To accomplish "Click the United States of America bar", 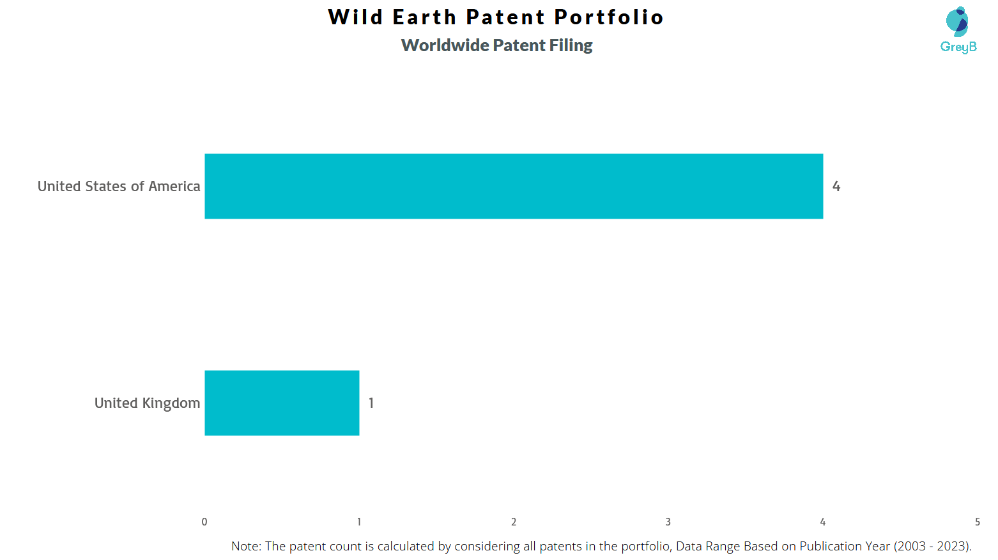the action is [x=514, y=187].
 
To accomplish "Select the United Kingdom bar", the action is [x=282, y=403].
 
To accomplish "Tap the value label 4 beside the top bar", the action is [x=836, y=187].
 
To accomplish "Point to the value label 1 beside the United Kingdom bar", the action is [x=371, y=403].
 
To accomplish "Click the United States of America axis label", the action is [x=119, y=187].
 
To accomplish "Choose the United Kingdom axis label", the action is [x=148, y=403].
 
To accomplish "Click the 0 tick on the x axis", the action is [x=204, y=522].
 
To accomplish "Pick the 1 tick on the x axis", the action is [x=359, y=522].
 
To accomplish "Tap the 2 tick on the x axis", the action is [x=514, y=522].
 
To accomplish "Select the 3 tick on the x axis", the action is [x=668, y=522].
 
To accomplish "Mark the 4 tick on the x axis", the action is [x=823, y=522].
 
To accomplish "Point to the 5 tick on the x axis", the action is [x=978, y=522].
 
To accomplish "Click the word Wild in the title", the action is [x=355, y=17].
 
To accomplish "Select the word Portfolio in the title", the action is [x=609, y=17].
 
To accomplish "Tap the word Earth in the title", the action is [x=425, y=17].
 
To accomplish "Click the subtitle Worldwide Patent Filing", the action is [x=497, y=45].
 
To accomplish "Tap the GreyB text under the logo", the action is [x=958, y=47].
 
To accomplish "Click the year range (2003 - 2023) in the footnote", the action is [x=932, y=546].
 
